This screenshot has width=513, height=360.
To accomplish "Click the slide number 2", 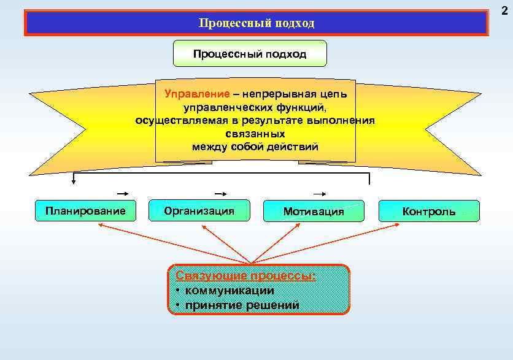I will (504, 11).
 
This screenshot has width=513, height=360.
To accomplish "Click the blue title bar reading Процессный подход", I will (256, 23).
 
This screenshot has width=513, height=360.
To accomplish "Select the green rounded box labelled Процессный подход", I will (250, 54).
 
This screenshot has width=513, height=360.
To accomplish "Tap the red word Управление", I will (197, 94).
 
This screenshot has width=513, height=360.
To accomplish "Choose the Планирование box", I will (85, 211).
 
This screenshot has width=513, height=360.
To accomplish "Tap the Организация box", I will (199, 211).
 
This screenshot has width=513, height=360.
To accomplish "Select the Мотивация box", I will (314, 212).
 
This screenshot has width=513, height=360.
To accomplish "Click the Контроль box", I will (429, 212).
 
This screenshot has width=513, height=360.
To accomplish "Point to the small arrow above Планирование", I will (122, 193).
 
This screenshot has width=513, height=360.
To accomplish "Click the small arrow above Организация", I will (220, 193).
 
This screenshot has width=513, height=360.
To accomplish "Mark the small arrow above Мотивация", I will (318, 193).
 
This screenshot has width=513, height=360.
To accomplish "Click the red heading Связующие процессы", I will (245, 276).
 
